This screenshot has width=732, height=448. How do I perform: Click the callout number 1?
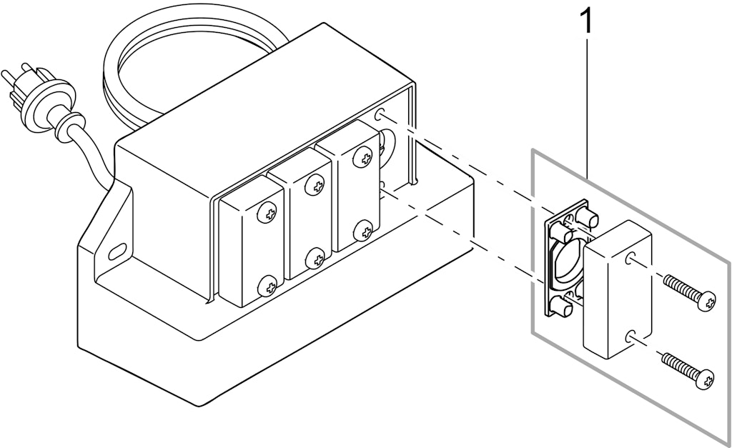click(x=586, y=21)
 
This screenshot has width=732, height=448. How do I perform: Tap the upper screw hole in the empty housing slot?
click(x=380, y=114)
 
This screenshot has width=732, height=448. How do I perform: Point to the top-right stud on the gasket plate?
click(x=588, y=216)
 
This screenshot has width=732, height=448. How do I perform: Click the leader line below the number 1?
click(x=587, y=107)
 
